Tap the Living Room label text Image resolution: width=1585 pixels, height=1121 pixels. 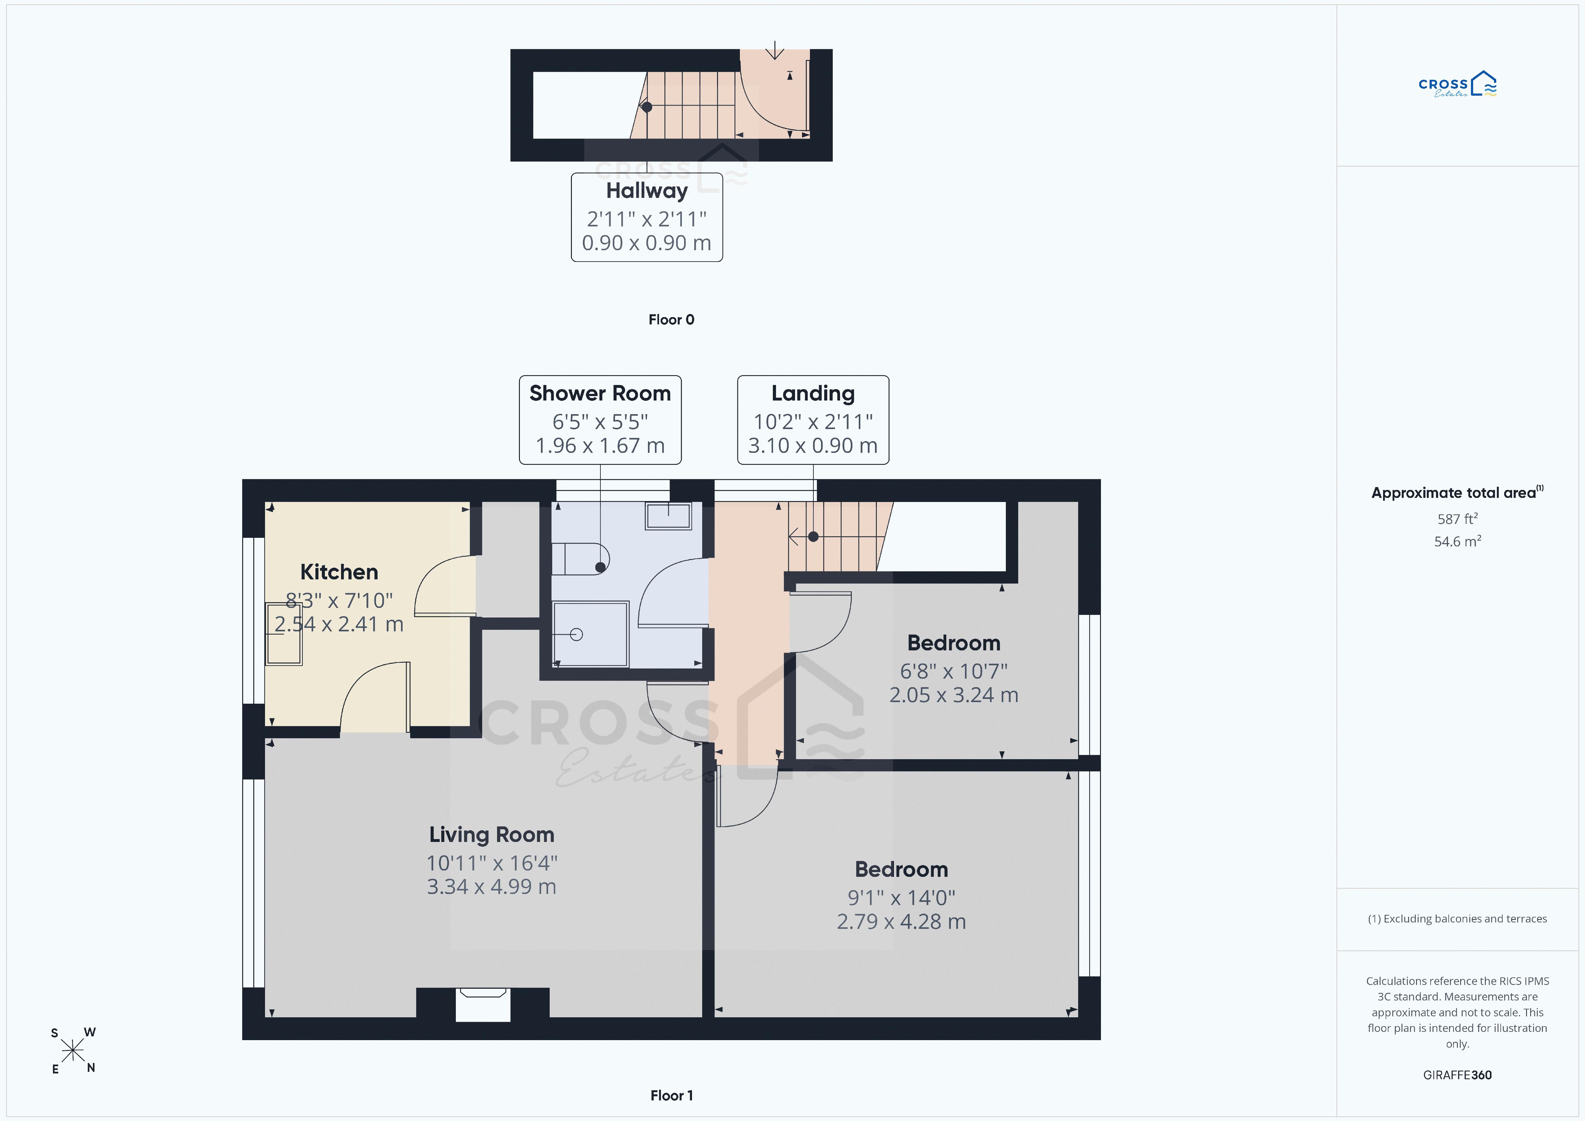click(x=492, y=835)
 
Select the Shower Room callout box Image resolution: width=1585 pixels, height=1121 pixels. click(x=600, y=420)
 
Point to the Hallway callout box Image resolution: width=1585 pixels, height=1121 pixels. click(x=647, y=217)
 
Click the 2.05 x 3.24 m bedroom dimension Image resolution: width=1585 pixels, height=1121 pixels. click(x=953, y=695)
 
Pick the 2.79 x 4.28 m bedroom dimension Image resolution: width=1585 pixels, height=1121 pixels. click(x=901, y=922)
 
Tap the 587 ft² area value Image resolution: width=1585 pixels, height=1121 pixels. click(x=1457, y=519)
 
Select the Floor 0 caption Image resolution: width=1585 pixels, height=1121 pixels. click(x=671, y=320)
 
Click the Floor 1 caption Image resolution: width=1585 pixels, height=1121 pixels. click(x=671, y=1095)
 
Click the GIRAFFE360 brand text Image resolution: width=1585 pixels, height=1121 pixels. click(x=1457, y=1075)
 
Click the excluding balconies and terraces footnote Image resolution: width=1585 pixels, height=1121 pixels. click(x=1457, y=919)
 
